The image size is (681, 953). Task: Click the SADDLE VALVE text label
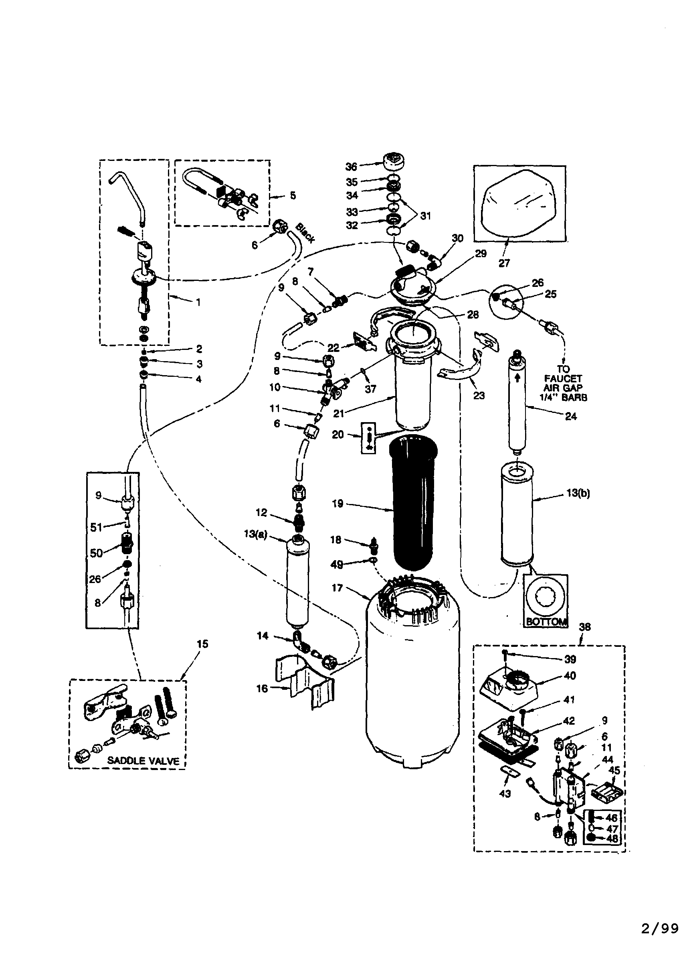tap(143, 761)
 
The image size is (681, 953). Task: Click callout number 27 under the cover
tap(504, 263)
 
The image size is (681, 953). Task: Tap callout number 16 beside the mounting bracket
tap(262, 689)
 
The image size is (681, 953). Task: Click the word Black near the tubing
tap(305, 233)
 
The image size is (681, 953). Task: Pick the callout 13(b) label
tap(578, 494)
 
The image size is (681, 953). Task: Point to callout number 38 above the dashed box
tap(584, 627)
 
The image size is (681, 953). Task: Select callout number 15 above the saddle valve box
tap(202, 644)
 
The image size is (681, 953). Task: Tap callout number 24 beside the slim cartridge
tap(571, 417)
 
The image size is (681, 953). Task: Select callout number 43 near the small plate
tap(505, 793)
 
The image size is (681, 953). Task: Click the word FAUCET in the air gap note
tap(563, 378)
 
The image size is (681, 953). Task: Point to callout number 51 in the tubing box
tap(97, 527)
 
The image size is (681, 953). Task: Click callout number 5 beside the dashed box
tap(293, 196)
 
